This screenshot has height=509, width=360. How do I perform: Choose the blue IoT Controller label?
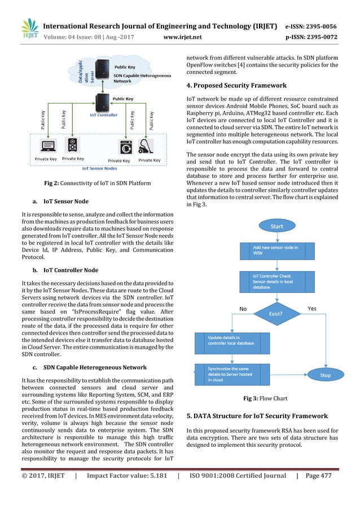[103, 115]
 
